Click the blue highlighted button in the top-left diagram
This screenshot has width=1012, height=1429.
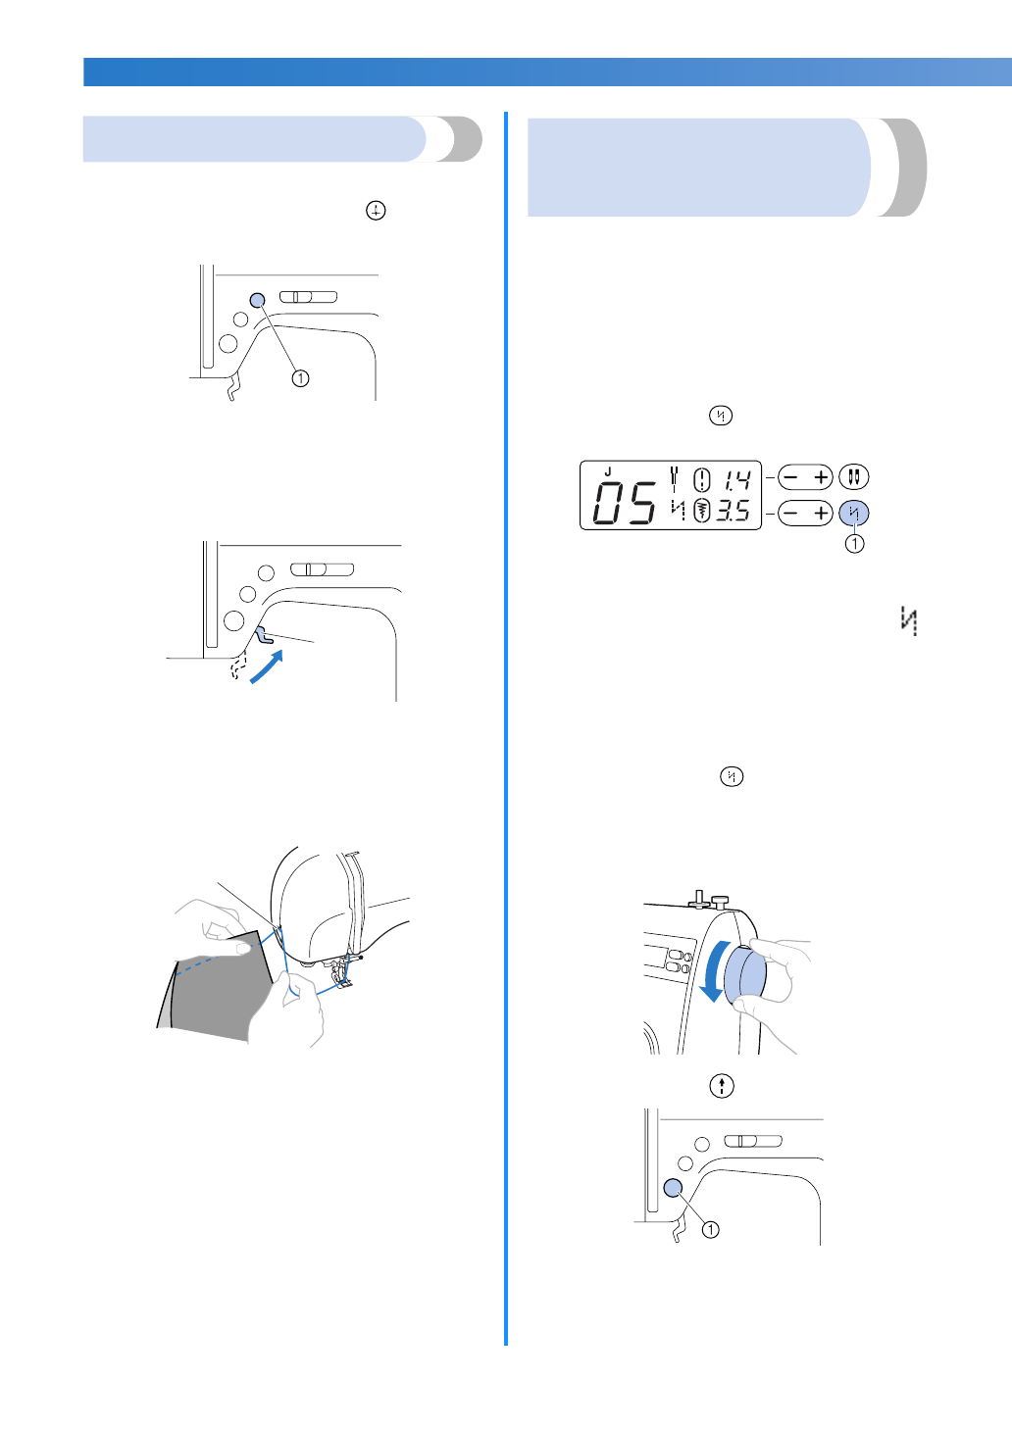pyautogui.click(x=258, y=300)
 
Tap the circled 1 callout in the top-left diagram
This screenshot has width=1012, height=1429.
pyautogui.click(x=300, y=378)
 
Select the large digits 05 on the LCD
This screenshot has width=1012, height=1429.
pyautogui.click(x=626, y=504)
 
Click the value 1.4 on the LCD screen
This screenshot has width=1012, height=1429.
pyautogui.click(x=736, y=479)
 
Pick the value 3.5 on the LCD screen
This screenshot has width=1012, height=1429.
pyautogui.click(x=734, y=511)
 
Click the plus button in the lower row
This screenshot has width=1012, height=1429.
pyautogui.click(x=820, y=513)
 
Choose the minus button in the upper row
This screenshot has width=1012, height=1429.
pyautogui.click(x=791, y=477)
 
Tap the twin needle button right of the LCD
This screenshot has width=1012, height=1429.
pyautogui.click(x=854, y=477)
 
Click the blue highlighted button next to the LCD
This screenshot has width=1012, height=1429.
pyautogui.click(x=854, y=513)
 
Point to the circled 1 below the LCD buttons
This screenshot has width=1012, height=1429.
pyautogui.click(x=855, y=543)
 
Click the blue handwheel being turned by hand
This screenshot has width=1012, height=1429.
pyautogui.click(x=745, y=976)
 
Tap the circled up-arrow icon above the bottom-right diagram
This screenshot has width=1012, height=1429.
pyautogui.click(x=722, y=1085)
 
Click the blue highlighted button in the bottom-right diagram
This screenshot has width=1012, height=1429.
pyautogui.click(x=673, y=1187)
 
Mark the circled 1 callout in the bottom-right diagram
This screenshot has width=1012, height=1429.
pyautogui.click(x=710, y=1229)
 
